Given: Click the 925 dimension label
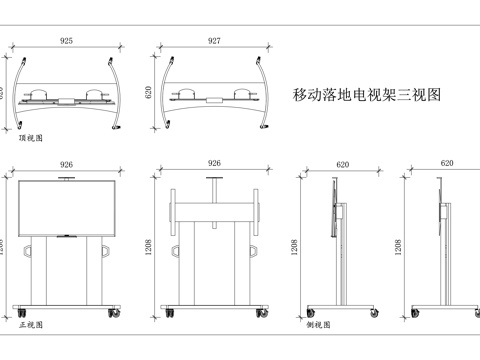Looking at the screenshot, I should coord(65,42).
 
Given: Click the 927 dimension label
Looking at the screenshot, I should coord(214,42).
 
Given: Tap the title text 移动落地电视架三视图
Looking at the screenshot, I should coord(366,95).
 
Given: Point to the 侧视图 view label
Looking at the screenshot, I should coord(319,326).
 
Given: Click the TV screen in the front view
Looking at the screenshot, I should coord(66,207).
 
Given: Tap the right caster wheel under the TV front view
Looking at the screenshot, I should coord(110,314).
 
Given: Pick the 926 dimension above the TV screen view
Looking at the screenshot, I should coord(66,163).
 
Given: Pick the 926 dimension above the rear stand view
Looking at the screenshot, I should coord(214,163).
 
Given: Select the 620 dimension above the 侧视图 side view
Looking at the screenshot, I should coord(343,163).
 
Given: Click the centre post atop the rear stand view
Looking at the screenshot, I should coord(214,187).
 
